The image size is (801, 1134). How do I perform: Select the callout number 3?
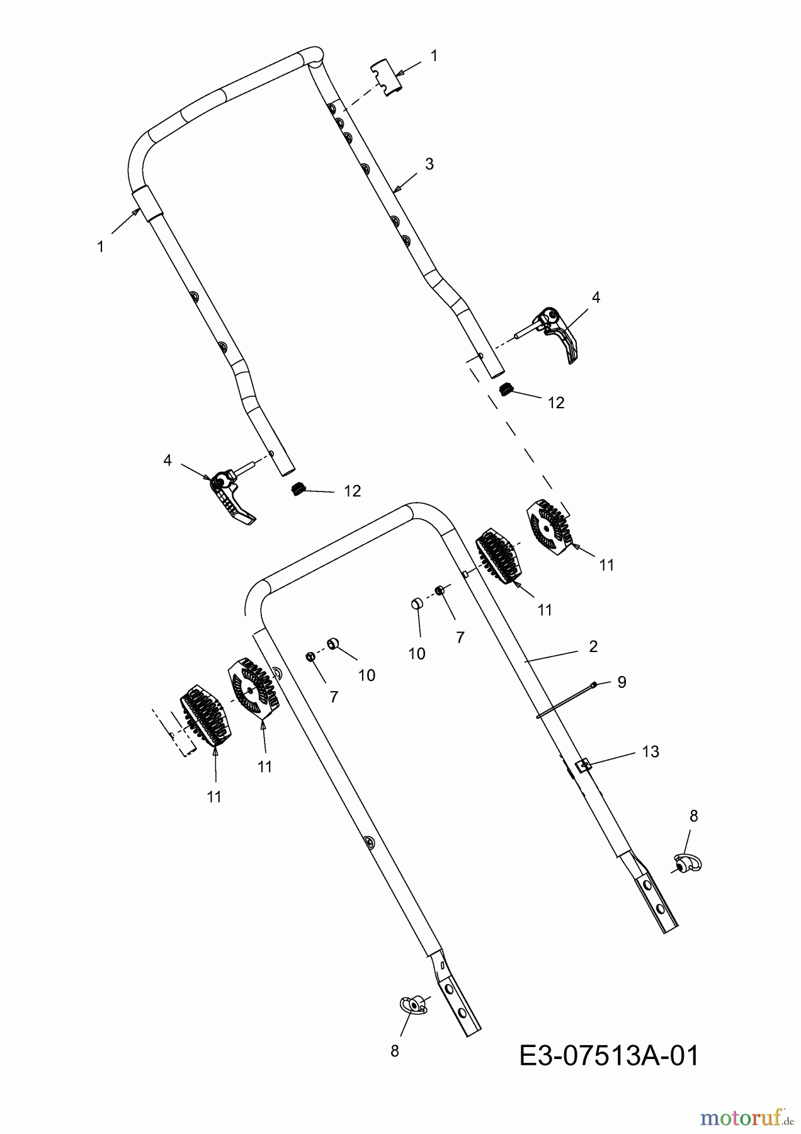[429, 164]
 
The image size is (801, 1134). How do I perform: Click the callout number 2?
[593, 646]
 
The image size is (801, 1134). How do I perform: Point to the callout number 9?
[622, 682]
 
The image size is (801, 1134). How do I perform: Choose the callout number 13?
[650, 752]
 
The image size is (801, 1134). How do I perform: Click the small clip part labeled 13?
[584, 765]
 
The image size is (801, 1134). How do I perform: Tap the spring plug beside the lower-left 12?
[299, 488]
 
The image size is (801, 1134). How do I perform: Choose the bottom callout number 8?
[395, 1051]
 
